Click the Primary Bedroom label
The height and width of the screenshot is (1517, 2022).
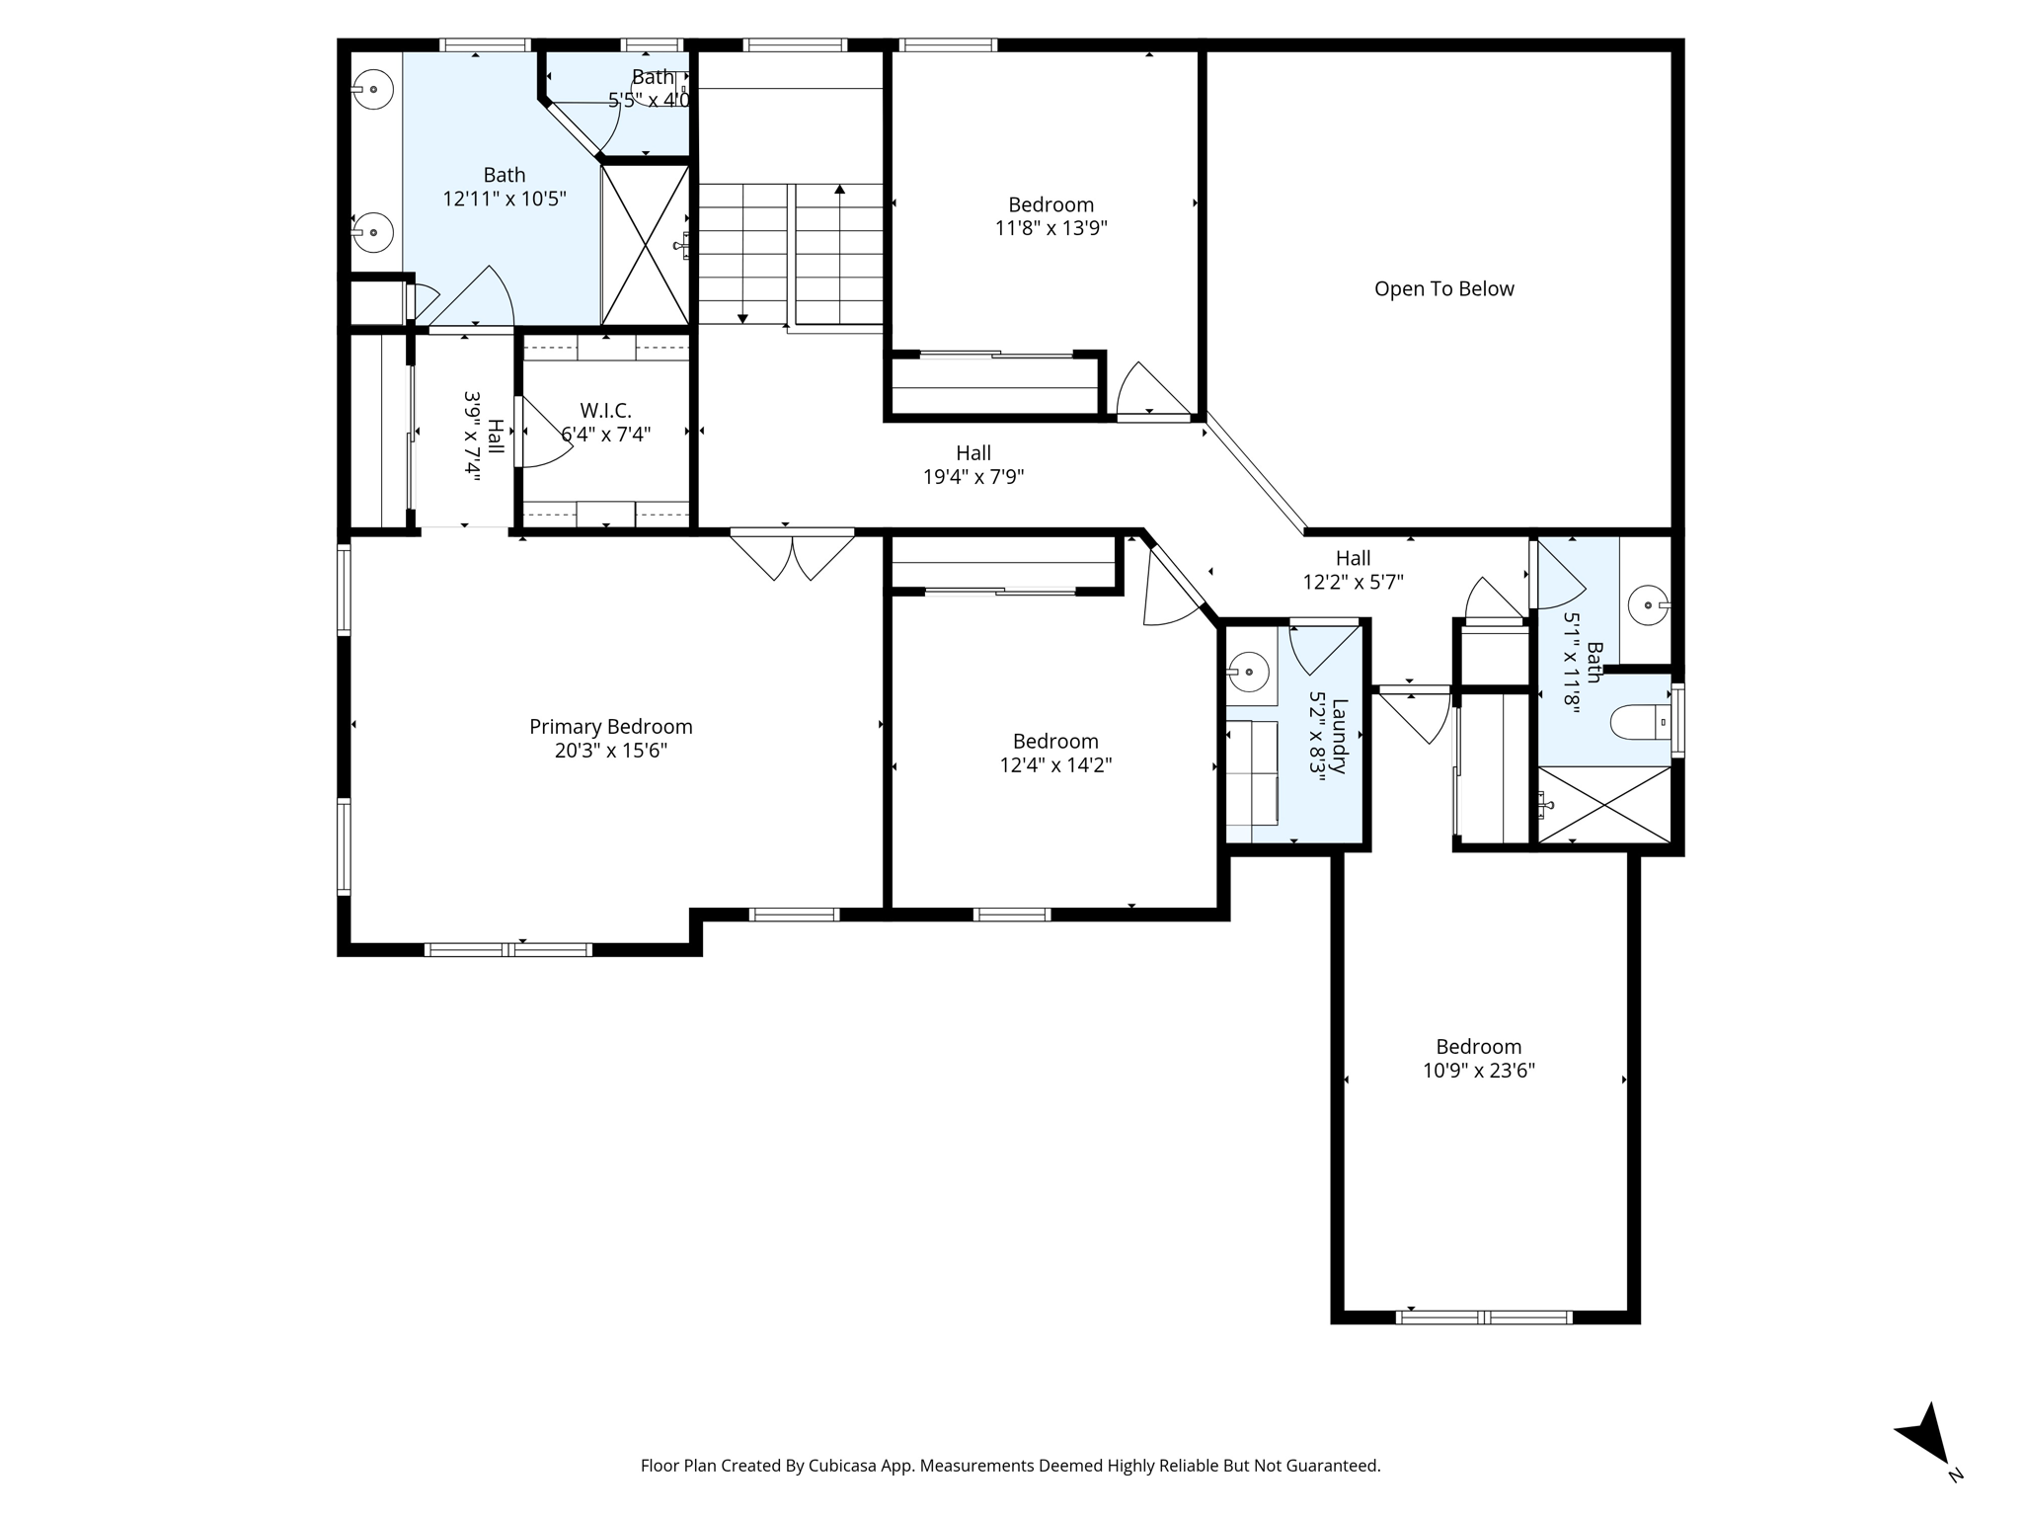pos(610,727)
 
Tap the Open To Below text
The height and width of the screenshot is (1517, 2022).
pos(1443,289)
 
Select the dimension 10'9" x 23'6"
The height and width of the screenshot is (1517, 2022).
pos(1478,1071)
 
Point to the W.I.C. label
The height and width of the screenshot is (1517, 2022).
pos(605,410)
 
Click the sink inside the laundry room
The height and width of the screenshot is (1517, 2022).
pos(1250,672)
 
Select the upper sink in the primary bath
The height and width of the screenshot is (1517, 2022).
pos(373,90)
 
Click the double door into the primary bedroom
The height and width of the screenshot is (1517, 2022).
pos(793,556)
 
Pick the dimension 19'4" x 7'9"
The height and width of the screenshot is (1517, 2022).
pos(972,477)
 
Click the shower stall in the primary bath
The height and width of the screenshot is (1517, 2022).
pos(645,246)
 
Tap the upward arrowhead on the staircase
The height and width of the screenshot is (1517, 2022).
pos(839,189)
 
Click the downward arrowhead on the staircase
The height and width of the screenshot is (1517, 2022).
pos(742,318)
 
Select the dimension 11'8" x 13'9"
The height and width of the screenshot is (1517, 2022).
pos(1050,228)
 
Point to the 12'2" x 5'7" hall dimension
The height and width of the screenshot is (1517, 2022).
pos(1353,583)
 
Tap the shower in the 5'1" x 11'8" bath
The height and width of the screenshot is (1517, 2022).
pos(1604,805)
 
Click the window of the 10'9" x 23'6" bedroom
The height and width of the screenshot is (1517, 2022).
pos(1484,1317)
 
